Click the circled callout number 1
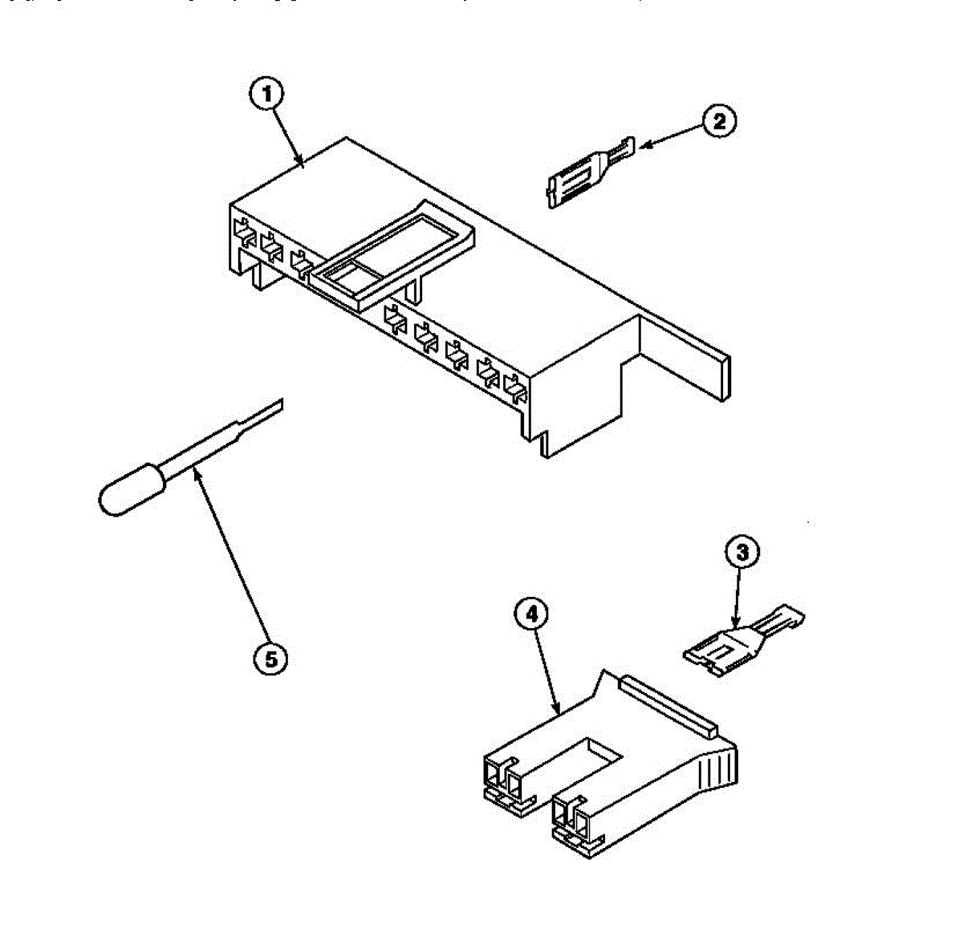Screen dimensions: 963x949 tap(267, 94)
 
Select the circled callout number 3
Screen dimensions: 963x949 tap(742, 552)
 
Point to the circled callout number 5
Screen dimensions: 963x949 tap(270, 659)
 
